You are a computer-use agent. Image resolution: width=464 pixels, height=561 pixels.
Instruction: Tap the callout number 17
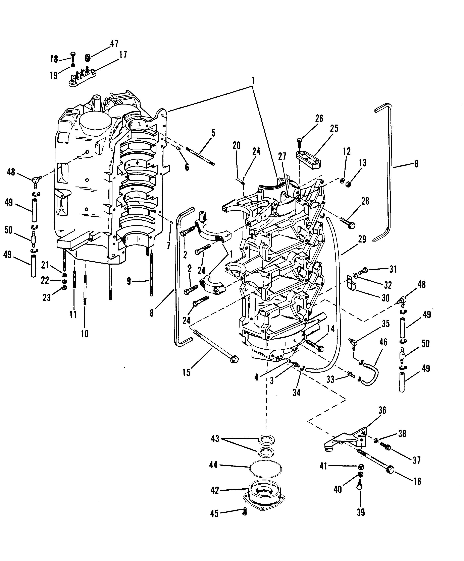click(123, 55)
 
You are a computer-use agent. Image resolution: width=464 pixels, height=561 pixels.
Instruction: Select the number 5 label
click(213, 133)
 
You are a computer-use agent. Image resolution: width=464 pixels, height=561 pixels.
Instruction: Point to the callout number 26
click(319, 118)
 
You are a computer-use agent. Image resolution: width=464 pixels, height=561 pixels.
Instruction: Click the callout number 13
click(362, 163)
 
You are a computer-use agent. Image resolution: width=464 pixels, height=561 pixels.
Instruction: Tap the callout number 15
click(186, 372)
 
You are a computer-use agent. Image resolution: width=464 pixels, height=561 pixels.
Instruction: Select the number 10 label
click(85, 334)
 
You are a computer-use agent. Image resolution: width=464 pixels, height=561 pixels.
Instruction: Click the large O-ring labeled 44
click(265, 469)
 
